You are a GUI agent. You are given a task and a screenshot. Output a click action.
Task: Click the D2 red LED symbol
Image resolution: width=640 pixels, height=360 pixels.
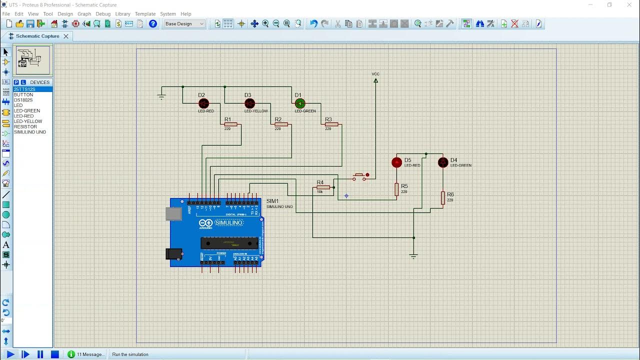[203, 103]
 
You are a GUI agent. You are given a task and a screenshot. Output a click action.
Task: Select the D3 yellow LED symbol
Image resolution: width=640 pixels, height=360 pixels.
[249, 103]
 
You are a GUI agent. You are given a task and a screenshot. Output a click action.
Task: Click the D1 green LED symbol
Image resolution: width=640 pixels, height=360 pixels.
[300, 103]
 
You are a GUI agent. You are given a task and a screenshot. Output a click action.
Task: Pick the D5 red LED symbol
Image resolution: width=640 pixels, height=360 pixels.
[396, 162]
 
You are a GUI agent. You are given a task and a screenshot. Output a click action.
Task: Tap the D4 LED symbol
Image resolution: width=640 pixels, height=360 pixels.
[443, 162]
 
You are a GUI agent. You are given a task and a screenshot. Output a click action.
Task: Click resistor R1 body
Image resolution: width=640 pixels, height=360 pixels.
[230, 124]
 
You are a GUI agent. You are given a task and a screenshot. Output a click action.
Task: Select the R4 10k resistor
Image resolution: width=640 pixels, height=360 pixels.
[323, 187]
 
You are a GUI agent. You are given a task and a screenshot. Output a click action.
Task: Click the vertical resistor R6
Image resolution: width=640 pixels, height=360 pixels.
[443, 198]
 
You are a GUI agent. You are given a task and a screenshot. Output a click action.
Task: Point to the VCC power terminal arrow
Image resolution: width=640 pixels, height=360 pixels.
[375, 80]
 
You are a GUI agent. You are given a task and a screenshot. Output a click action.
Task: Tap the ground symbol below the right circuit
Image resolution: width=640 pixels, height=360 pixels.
[413, 256]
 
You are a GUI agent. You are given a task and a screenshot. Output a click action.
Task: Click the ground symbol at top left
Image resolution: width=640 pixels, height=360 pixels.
[161, 96]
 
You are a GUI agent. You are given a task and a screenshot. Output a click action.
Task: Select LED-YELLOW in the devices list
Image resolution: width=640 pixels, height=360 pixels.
[28, 121]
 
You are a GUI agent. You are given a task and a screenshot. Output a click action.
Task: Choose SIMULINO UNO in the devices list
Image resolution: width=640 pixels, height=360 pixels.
[30, 132]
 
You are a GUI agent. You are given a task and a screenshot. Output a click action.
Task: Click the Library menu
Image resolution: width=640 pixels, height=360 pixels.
[122, 14]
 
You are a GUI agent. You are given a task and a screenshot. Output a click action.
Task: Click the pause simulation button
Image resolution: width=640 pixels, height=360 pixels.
[40, 354]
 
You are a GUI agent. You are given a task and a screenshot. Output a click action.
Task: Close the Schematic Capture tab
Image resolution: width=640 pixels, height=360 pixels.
[65, 36]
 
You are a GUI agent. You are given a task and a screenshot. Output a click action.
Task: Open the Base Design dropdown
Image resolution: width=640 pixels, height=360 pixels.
[184, 23]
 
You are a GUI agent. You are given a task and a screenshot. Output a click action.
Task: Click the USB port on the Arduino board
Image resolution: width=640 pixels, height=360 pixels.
[173, 214]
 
